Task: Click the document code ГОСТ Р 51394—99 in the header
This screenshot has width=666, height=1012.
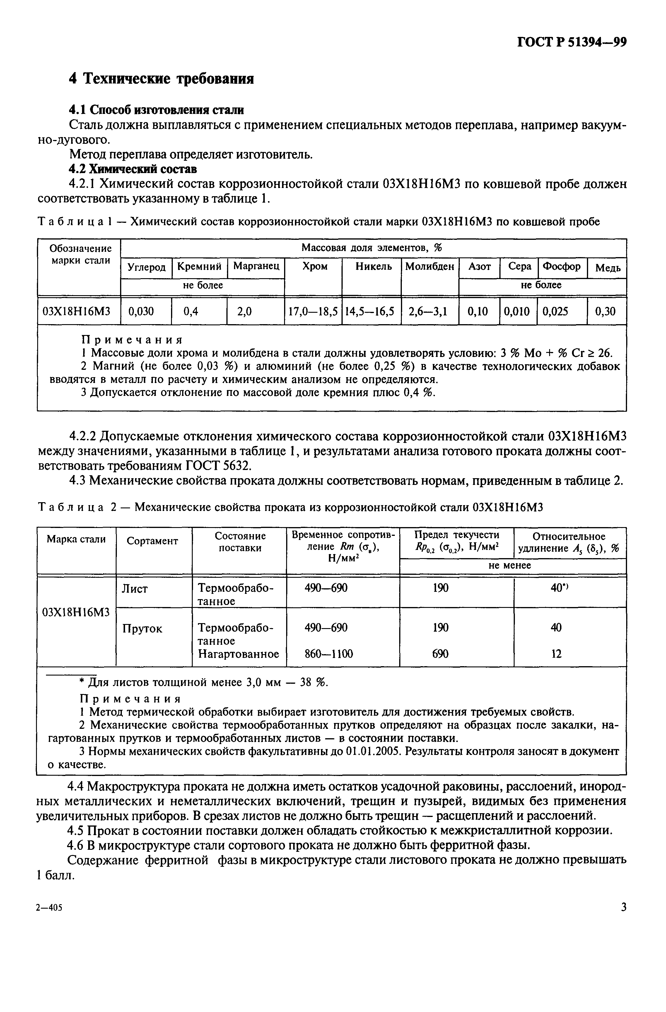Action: [572, 42]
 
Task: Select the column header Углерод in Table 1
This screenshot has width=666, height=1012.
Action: [147, 267]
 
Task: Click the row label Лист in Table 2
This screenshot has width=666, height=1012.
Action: [135, 589]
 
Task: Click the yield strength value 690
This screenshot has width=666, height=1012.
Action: [440, 654]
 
